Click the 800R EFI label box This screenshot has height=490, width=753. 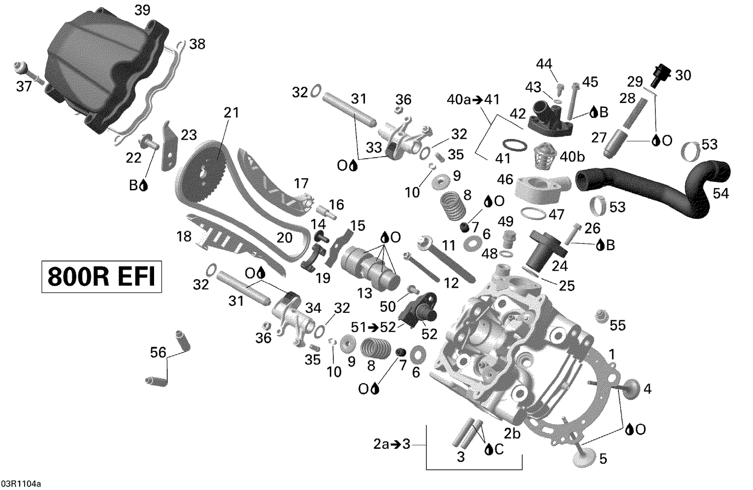pyautogui.click(x=101, y=276)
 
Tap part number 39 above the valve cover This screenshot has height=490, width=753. pyautogui.click(x=143, y=10)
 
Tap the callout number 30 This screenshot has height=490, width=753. pyautogui.click(x=683, y=75)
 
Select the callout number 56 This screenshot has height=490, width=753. pyautogui.click(x=158, y=353)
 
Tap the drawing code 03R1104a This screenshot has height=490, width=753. pyautogui.click(x=21, y=484)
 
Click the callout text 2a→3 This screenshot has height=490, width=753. pyautogui.click(x=392, y=444)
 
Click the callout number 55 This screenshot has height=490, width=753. pyautogui.click(x=617, y=325)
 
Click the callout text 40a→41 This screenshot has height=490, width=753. pyautogui.click(x=473, y=99)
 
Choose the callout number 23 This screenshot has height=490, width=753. pyautogui.click(x=189, y=135)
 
